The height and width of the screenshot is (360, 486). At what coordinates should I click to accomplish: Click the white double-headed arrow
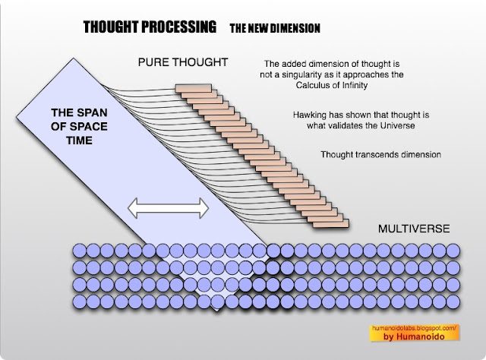167,205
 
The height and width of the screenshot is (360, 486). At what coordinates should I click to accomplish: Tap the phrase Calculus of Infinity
336,86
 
